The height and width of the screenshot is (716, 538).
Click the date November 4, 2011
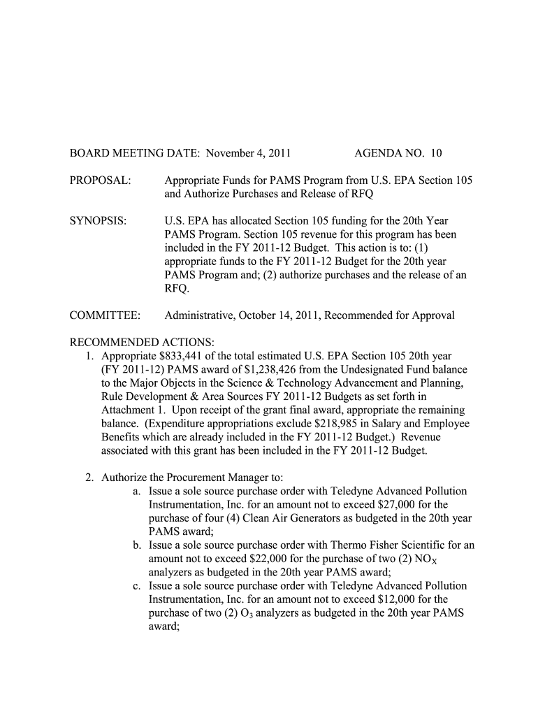(x=249, y=153)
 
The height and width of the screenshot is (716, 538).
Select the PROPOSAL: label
(x=100, y=180)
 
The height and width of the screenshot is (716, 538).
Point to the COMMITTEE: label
(x=105, y=315)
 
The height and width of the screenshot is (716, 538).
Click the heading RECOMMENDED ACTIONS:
(x=142, y=342)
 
